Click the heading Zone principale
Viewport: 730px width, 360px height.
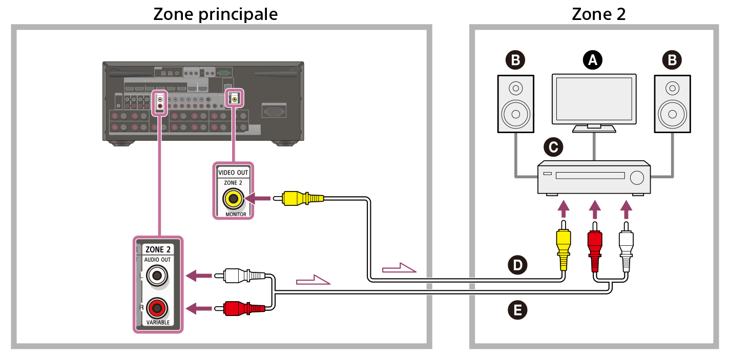[216, 13]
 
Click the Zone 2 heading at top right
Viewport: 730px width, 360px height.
[599, 13]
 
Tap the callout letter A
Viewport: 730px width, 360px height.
[593, 60]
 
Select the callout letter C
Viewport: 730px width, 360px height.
[553, 147]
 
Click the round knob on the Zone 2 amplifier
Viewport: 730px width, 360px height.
[637, 177]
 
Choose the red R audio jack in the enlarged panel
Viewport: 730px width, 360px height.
[157, 308]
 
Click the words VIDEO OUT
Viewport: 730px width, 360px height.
[233, 173]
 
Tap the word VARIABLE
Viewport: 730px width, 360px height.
[158, 323]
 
